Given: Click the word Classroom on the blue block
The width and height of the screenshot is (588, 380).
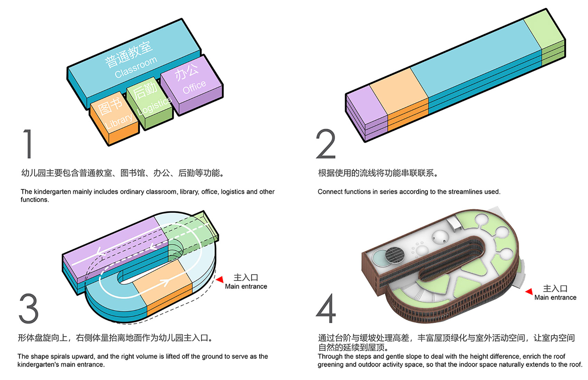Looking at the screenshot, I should [136, 67].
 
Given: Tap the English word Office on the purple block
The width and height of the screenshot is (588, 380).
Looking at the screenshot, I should [194, 87].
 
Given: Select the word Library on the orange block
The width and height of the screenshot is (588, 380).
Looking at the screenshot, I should [119, 121].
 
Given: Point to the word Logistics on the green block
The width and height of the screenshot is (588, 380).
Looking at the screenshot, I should [155, 106].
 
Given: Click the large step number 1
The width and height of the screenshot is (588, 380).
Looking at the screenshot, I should [28, 144].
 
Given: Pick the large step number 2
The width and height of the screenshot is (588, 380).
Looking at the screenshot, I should [326, 144].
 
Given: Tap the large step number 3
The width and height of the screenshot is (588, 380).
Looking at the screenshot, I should [29, 308].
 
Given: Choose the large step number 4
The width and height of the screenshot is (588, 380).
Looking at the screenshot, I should [326, 308].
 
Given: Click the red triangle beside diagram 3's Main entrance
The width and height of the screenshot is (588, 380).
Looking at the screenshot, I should [220, 279].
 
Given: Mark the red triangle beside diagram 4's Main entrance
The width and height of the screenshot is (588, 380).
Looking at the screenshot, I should [529, 292].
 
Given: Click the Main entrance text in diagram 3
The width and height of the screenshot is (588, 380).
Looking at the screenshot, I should [246, 287].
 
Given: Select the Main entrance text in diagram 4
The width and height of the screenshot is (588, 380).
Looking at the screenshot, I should [555, 298].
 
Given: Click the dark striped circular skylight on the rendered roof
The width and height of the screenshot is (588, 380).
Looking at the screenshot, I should [395, 255].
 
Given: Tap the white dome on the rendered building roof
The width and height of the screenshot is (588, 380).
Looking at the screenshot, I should [440, 237].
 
